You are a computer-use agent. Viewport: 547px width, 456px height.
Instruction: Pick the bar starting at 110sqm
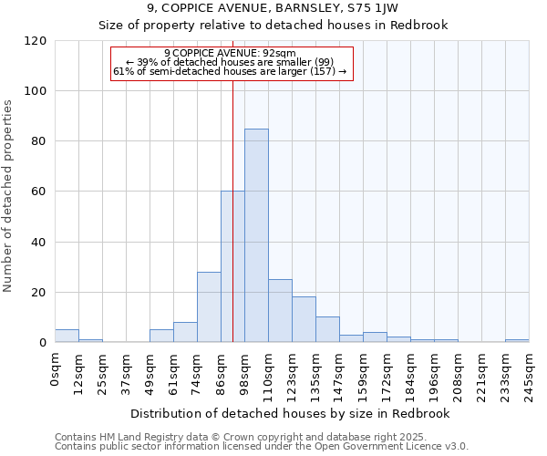(280, 311)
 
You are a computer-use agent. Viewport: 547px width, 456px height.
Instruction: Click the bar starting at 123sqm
(304, 319)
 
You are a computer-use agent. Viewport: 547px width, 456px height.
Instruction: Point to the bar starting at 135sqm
(327, 329)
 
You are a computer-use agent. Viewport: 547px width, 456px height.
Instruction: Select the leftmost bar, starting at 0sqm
(67, 336)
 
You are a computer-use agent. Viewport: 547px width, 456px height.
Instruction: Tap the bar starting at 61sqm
(185, 332)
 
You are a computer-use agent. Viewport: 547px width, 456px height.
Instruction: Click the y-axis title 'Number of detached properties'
(9, 196)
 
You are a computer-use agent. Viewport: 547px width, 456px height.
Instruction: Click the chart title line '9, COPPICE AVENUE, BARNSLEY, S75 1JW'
(273, 8)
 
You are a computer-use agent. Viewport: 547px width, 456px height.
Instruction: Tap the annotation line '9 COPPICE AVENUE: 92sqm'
(231, 54)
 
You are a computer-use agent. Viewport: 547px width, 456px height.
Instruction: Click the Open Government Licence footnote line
(262, 446)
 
